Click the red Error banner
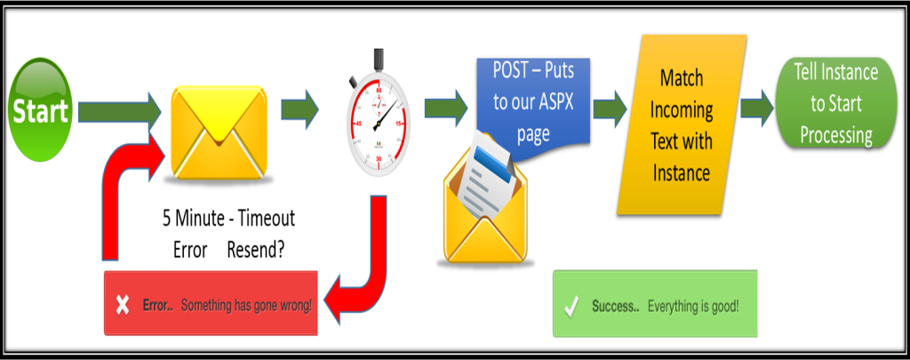pyautogui.click(x=212, y=304)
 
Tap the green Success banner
pyautogui.click(x=655, y=304)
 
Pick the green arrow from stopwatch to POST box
pyautogui.click(x=445, y=108)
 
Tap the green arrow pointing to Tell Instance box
pyautogui.click(x=756, y=107)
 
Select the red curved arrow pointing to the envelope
pyautogui.click(x=124, y=196)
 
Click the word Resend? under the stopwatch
pyautogui.click(x=255, y=249)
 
